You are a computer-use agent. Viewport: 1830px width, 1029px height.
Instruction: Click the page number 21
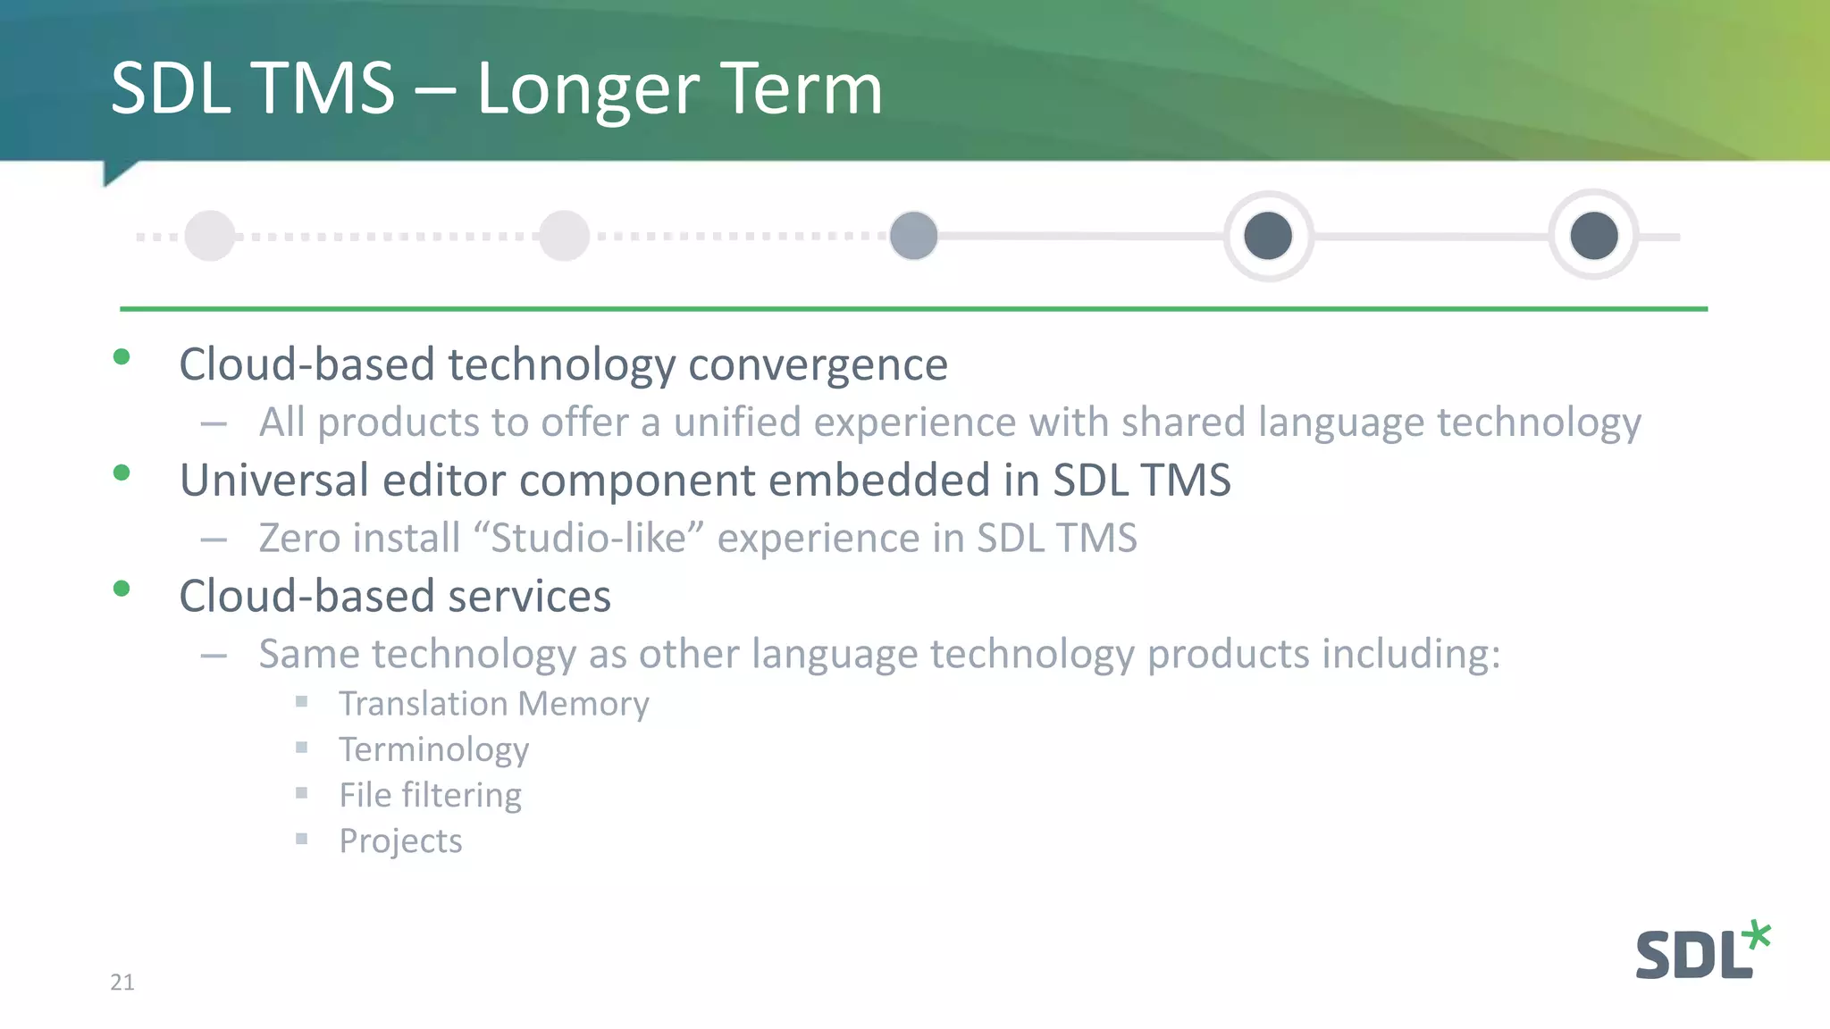[122, 983]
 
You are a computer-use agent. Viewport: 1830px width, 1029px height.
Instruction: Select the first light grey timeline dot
[210, 236]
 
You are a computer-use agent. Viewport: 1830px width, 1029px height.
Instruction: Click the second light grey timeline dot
[565, 236]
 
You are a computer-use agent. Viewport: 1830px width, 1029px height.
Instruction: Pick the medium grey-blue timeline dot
[913, 236]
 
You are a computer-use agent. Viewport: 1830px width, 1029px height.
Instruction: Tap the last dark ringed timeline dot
[1594, 236]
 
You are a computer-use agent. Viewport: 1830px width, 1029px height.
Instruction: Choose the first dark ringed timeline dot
[1268, 236]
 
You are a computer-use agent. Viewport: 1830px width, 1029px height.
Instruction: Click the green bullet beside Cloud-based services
[122, 589]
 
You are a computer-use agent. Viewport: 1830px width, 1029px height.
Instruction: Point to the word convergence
[818, 365]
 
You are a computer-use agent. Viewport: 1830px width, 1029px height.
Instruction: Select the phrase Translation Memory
[493, 704]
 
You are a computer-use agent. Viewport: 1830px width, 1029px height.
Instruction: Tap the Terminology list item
[433, 750]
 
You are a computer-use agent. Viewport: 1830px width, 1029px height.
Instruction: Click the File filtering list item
[430, 795]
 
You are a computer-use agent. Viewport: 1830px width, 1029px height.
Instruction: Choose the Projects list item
[400, 841]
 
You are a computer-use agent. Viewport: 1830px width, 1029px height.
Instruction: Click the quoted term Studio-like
[589, 539]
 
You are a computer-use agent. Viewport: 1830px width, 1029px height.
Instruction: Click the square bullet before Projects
[302, 839]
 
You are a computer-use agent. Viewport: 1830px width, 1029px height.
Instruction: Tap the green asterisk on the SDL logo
[1757, 935]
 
